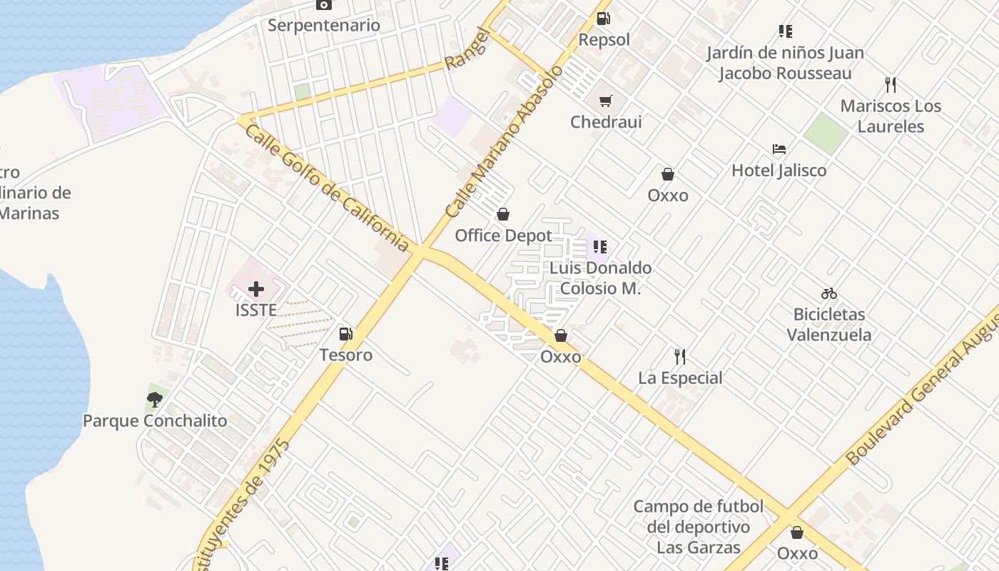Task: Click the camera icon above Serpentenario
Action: [324, 5]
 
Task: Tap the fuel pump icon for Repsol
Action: [604, 19]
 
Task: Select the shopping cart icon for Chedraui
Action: [605, 101]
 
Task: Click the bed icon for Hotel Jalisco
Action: [779, 149]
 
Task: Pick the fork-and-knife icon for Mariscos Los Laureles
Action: [890, 85]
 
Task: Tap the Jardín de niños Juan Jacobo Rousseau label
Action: [785, 63]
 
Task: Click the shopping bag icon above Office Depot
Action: [503, 214]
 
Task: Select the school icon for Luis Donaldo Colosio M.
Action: [600, 247]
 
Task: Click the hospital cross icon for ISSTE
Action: [255, 289]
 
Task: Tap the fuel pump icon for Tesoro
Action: [345, 333]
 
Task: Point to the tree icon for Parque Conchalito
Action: [154, 400]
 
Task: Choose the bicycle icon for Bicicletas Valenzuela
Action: [828, 293]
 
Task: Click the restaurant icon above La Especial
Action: [680, 356]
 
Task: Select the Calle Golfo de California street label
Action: [327, 188]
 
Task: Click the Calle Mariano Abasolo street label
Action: [504, 141]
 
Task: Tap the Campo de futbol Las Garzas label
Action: [698, 527]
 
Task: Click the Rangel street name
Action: [468, 49]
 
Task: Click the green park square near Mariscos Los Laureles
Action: [826, 133]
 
